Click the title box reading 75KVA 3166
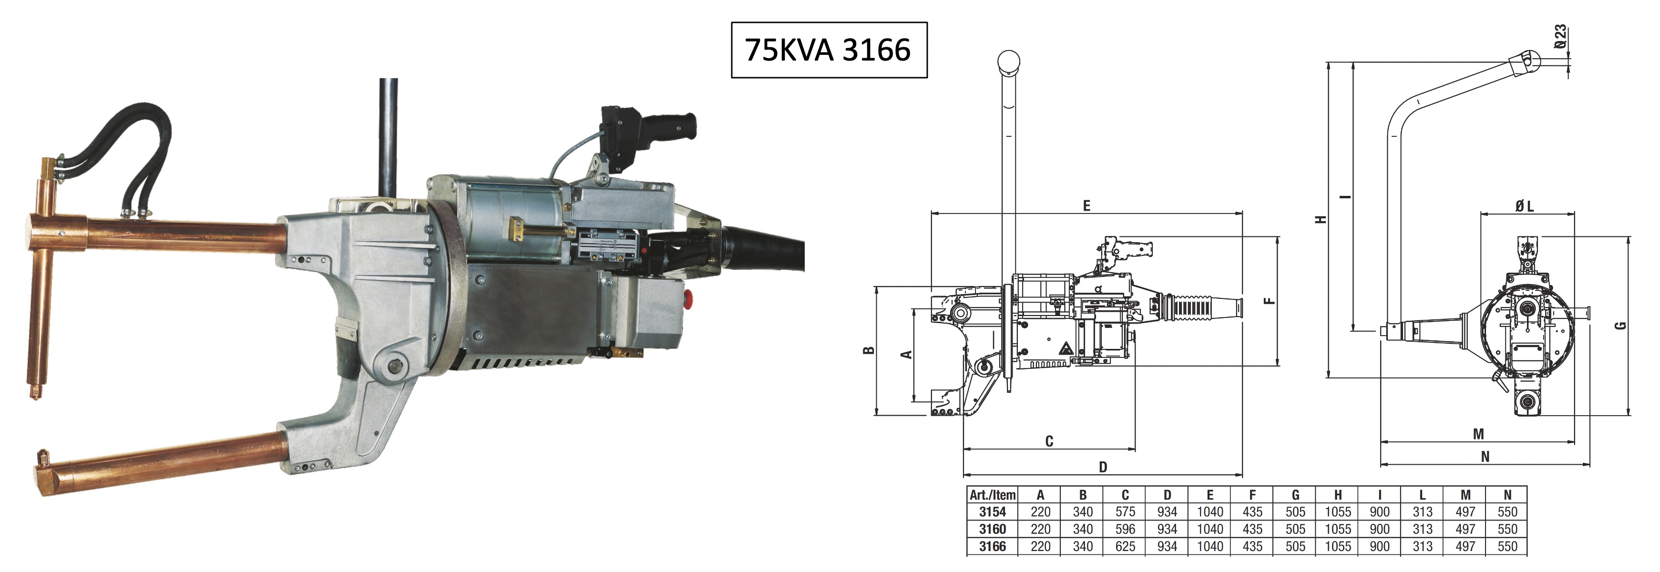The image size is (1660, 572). click(x=829, y=50)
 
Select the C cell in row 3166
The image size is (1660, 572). click(x=1125, y=546)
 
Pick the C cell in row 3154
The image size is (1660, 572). click(x=1125, y=511)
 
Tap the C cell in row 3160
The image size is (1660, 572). click(x=1125, y=529)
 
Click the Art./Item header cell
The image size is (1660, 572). click(x=993, y=495)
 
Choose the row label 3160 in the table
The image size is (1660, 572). click(x=993, y=529)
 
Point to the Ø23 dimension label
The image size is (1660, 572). click(x=1559, y=37)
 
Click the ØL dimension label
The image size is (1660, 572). click(x=1525, y=206)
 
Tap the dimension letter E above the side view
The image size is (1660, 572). click(x=1086, y=205)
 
